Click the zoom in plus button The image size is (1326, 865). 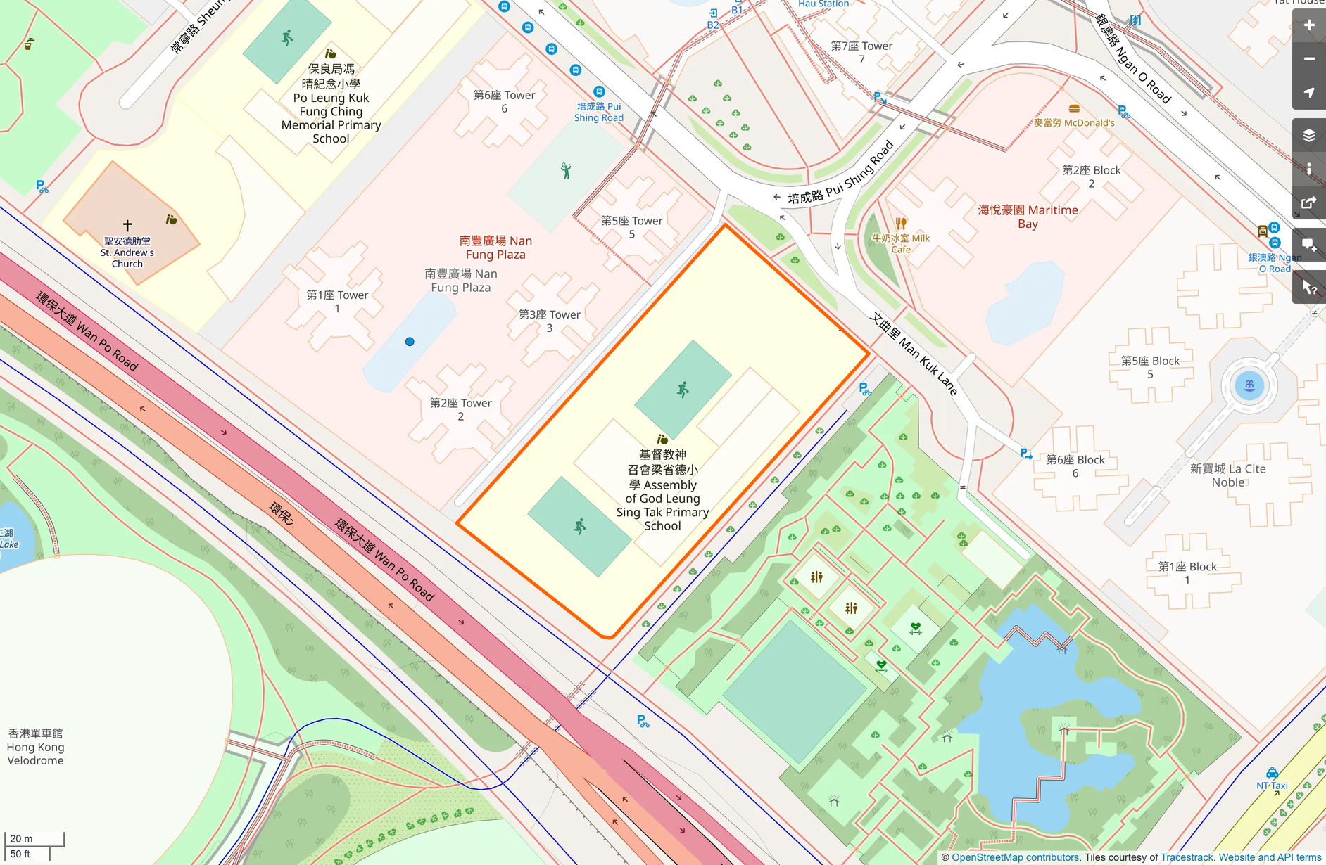1308,25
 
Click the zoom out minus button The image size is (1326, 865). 1308,59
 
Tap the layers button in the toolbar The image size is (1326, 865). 1308,135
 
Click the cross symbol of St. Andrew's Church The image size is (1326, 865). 127,226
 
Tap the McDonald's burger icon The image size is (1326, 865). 1074,109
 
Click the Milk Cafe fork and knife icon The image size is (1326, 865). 901,224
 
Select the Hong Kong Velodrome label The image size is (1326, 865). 35,747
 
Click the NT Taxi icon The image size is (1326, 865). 1272,774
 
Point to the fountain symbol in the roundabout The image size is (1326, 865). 1249,385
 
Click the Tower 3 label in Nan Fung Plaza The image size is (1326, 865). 549,321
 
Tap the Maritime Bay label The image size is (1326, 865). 1028,217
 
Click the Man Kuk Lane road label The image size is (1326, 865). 914,354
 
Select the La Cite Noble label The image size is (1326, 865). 1227,475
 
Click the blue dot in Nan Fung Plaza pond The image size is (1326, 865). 410,342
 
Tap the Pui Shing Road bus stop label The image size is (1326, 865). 598,112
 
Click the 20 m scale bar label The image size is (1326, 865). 21,838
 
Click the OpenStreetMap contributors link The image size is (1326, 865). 1015,857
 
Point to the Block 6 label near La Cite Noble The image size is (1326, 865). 1075,466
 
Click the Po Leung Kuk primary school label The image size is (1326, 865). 331,104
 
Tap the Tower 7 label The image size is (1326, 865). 861,52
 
